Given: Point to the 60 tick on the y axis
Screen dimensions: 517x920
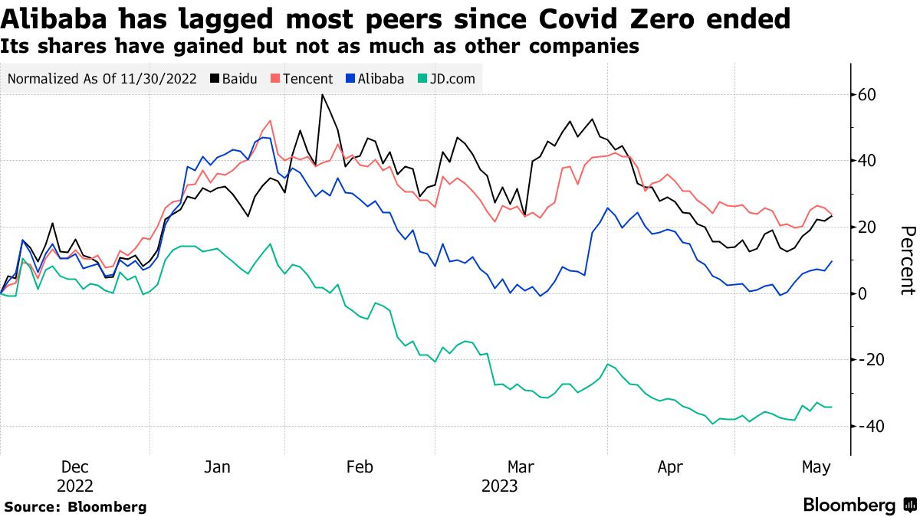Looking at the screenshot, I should coord(868,95).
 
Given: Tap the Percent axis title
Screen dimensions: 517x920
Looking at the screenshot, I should coord(907,260).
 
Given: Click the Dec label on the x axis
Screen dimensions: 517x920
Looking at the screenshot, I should coord(74,466).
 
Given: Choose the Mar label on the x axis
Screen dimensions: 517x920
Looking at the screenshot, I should coord(521,466).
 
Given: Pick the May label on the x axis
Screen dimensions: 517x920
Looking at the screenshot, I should coord(816,466).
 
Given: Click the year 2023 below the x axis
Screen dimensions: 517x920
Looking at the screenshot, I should coord(499,486).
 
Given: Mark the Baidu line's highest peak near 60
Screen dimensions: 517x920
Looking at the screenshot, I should coord(322,95).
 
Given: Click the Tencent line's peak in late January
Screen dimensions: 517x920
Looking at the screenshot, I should coord(271,121).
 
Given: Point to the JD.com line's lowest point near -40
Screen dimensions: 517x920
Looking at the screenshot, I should coord(713,423).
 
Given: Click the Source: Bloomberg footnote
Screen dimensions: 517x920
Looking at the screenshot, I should coord(75,506).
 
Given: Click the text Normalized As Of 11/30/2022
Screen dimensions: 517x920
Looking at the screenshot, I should coord(101,78).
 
